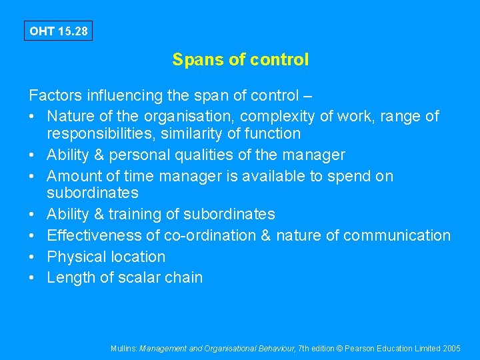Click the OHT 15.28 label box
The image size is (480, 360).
point(58,31)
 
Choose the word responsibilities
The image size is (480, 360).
point(107,133)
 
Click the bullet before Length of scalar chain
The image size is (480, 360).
point(33,277)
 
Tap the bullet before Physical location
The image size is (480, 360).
point(33,257)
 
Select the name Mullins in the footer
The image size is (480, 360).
point(124,348)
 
